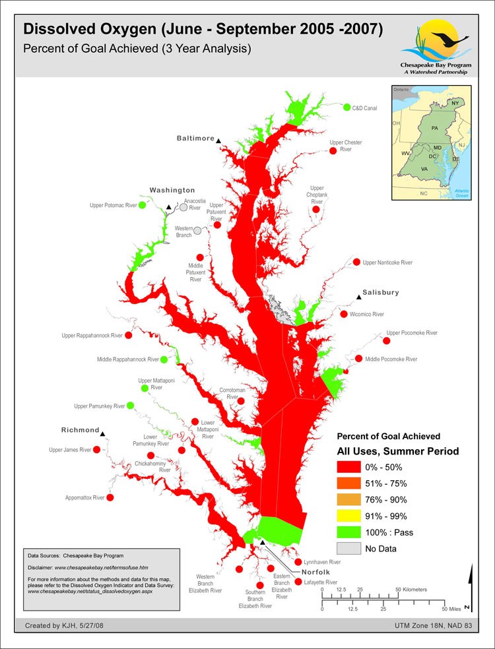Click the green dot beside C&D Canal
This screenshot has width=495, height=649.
click(346, 107)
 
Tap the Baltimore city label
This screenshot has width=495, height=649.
click(195, 139)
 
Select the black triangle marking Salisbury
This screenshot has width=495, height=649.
click(359, 298)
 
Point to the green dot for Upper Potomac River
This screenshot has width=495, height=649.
click(142, 205)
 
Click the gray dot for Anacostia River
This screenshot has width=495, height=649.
click(183, 207)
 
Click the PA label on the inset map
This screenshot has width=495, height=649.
click(434, 127)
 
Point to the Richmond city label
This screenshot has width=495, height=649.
click(80, 430)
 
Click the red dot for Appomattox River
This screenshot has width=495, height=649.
click(110, 497)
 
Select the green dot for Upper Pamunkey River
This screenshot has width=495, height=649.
click(130, 405)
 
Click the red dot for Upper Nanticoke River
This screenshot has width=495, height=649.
click(357, 262)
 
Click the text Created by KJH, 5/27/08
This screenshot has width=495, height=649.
click(61, 625)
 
